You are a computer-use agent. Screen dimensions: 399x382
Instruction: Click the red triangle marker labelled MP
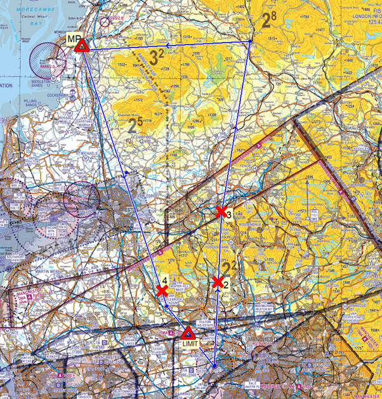tap(81, 46)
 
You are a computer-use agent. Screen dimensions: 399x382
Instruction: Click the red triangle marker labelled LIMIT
tap(188, 333)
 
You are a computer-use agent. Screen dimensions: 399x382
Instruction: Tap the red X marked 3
tap(221, 211)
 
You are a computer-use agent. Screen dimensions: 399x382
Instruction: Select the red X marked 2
tap(218, 282)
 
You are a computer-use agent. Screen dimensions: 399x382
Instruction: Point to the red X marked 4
tap(162, 291)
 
